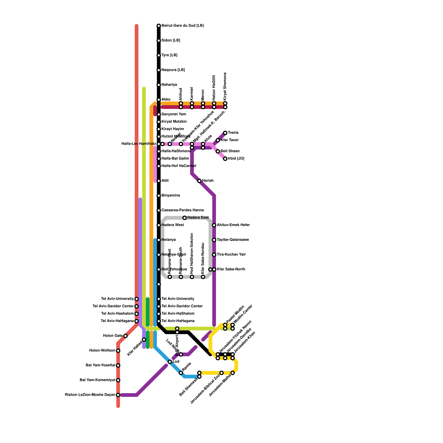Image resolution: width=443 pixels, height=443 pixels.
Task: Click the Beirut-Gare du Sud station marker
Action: [159, 26]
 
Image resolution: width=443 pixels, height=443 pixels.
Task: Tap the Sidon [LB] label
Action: [171, 40]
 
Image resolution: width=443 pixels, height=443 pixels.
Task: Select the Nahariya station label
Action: [169, 85]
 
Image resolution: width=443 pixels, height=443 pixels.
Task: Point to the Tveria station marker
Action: [225, 133]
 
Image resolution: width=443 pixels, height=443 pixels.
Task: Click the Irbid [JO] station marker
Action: [225, 159]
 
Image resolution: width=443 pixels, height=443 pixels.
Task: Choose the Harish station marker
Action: [199, 181]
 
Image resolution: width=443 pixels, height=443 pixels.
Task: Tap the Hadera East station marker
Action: [185, 218]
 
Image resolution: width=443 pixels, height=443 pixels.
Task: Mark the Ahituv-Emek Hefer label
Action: [233, 225]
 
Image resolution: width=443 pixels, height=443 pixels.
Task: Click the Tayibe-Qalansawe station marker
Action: [214, 240]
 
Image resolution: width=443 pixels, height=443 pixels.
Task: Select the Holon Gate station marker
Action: [125, 336]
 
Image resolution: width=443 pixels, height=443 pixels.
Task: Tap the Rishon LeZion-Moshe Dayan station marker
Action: [118, 395]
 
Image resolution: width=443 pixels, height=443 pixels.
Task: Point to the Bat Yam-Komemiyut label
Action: [97, 380]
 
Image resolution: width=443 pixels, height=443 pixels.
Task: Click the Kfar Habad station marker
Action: [144, 339]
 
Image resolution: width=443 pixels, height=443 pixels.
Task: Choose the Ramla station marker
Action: [181, 373]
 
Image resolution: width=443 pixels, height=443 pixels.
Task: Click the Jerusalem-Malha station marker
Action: [233, 373]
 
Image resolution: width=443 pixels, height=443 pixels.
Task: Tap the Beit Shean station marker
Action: [218, 151]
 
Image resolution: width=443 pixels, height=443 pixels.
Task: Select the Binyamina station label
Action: [171, 195]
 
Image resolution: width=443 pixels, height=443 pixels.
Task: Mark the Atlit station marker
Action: [159, 181]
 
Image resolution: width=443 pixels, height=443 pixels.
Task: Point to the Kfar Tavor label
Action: [230, 140]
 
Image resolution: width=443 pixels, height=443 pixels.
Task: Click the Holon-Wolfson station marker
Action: [118, 351]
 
